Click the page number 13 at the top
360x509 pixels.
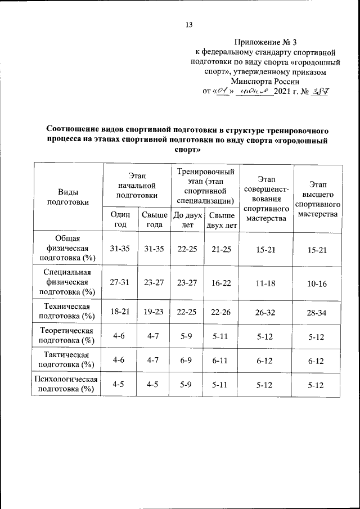point(189,25)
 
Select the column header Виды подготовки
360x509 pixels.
point(67,197)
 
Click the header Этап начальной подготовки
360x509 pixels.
point(136,186)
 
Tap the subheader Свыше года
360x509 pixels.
point(154,219)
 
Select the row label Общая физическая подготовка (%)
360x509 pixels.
point(67,249)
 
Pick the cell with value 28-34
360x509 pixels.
point(318,313)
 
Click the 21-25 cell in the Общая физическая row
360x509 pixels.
point(221,249)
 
